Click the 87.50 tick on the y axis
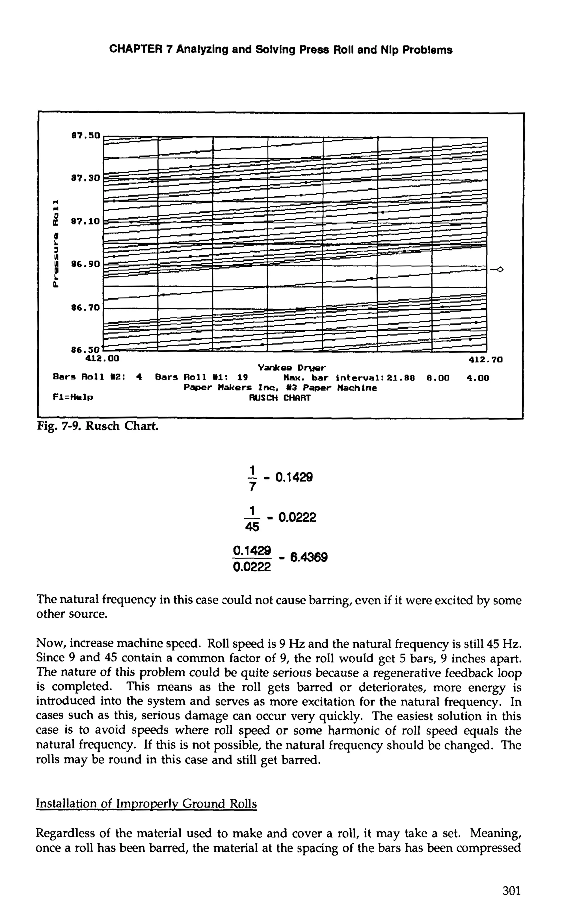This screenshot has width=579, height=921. coord(85,135)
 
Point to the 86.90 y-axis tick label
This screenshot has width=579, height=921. coord(85,264)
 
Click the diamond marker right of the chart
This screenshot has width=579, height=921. coord(500,270)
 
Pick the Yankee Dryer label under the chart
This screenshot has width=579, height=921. coord(292,368)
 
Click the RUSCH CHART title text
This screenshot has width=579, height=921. coord(280,398)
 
